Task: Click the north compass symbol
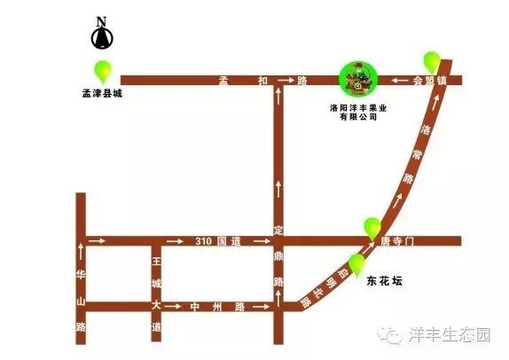(101, 35)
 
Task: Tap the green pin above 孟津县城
(103, 70)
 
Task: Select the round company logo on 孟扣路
(360, 79)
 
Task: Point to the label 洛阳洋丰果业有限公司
(360, 112)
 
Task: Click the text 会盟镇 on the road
(427, 81)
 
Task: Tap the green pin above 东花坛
(358, 263)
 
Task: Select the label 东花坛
(384, 282)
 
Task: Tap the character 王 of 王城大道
(156, 262)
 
